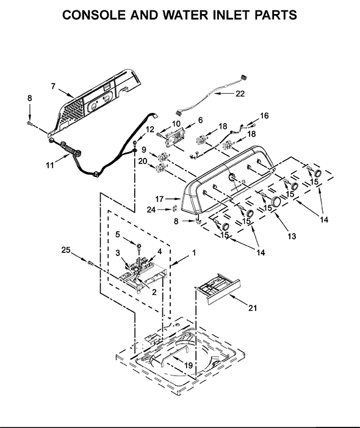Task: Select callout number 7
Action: click(53, 86)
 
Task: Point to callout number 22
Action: click(240, 93)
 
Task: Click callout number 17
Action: click(159, 198)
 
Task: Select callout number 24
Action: click(151, 210)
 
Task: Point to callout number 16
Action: click(264, 115)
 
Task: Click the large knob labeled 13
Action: click(275, 202)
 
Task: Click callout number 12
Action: click(150, 129)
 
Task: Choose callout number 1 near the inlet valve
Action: click(195, 252)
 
